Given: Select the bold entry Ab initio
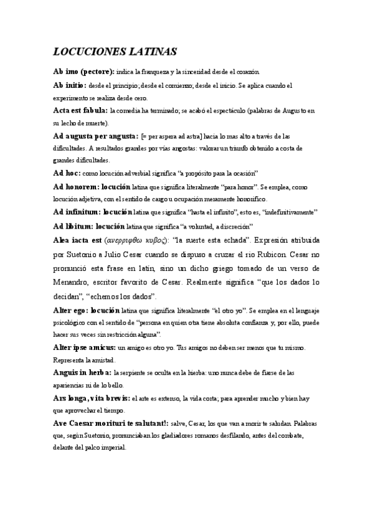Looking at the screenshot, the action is tap(71, 85).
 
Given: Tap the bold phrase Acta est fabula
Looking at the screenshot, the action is tap(81, 110).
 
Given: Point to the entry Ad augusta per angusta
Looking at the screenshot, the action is tap(95, 135).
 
